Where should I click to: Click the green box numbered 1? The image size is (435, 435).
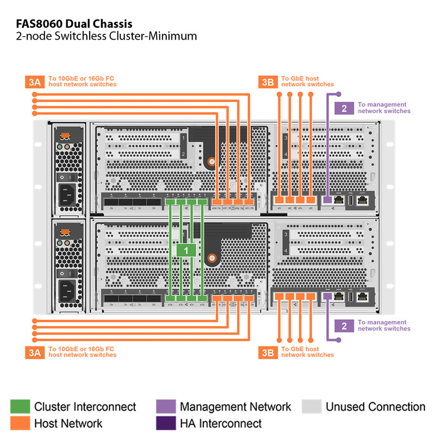tap(187, 250)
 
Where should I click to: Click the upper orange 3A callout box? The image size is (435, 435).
tap(35, 82)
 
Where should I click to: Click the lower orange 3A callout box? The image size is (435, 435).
tap(35, 352)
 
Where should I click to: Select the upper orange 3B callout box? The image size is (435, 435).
tap(268, 82)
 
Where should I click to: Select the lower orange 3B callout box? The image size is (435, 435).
tap(268, 352)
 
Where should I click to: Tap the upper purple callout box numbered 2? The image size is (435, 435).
tap(344, 108)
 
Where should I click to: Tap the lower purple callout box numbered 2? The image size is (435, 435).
tap(344, 326)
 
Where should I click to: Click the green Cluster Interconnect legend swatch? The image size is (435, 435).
tap(20, 407)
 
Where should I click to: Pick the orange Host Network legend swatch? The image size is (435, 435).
tap(20, 423)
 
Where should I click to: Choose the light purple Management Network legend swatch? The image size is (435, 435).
tap(165, 407)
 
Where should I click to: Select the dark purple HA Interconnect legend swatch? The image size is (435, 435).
tap(165, 423)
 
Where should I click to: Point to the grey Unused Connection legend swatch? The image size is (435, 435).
tap(312, 407)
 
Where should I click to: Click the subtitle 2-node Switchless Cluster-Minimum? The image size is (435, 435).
tap(103, 36)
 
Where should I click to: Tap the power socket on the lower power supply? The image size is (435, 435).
tap(68, 290)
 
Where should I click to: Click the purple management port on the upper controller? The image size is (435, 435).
tap(327, 200)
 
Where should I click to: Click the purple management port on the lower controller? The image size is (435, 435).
tap(327, 296)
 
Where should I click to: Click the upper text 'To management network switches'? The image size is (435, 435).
tap(384, 108)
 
